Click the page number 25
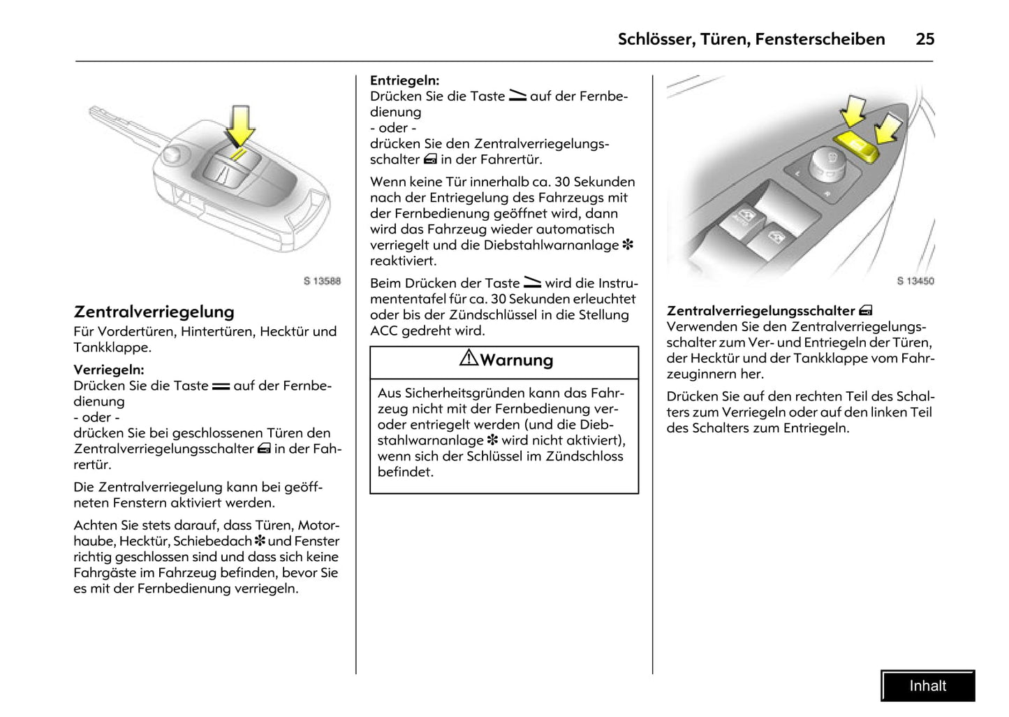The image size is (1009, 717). (925, 39)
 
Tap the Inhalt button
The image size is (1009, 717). (927, 686)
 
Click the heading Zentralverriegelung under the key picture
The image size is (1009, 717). (154, 312)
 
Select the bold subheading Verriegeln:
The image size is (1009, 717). (109, 370)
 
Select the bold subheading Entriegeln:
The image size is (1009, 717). (404, 80)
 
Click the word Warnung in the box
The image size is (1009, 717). (516, 361)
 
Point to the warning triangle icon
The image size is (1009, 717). (469, 358)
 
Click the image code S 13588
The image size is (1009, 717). (322, 281)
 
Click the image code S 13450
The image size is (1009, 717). (915, 281)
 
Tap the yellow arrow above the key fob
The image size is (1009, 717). (240, 124)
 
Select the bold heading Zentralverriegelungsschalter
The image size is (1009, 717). (760, 311)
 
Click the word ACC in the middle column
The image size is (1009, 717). (384, 331)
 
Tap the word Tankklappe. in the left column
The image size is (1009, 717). (112, 347)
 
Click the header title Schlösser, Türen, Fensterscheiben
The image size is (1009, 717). (751, 39)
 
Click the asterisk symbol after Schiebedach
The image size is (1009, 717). (260, 542)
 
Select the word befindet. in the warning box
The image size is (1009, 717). (405, 472)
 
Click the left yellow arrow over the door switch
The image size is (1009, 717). (853, 110)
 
